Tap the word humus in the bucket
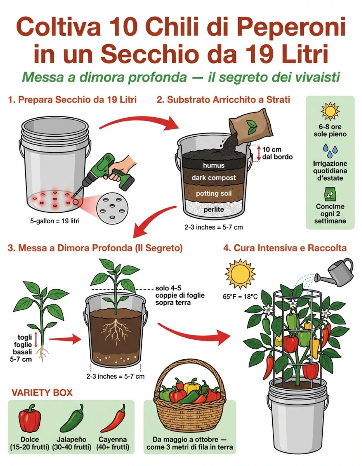pos(213,165)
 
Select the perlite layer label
pos(214,210)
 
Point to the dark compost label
pos(213,178)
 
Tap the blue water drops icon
pos(330,150)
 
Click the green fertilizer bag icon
pos(330,194)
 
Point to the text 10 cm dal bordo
pos(278,153)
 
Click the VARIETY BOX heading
pos(42,392)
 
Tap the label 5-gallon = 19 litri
pos(55,221)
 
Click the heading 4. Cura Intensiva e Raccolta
pos(285,248)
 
